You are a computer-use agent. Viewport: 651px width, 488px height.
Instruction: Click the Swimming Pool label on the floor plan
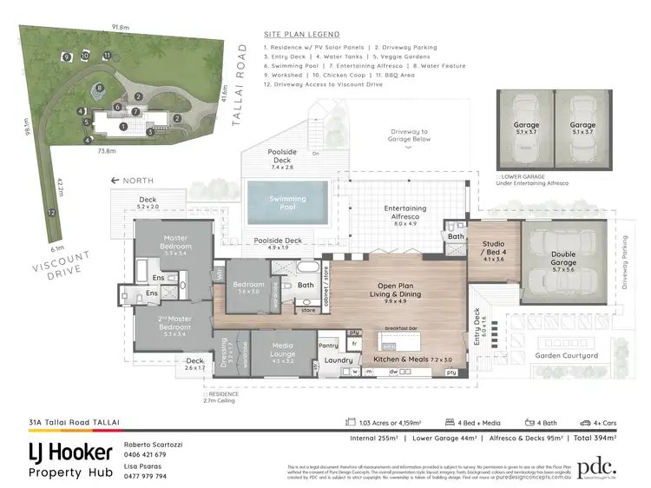pyautogui.click(x=287, y=203)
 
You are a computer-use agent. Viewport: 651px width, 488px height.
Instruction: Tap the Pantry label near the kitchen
pyautogui.click(x=328, y=346)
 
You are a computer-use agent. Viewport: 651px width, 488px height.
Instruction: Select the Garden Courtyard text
pyautogui.click(x=566, y=356)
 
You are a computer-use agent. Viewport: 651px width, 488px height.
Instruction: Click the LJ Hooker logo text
pyautogui.click(x=69, y=452)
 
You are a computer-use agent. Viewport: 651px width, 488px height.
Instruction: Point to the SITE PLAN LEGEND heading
pyautogui.click(x=302, y=34)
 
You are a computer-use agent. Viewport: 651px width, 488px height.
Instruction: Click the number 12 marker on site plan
pyautogui.click(x=52, y=212)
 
